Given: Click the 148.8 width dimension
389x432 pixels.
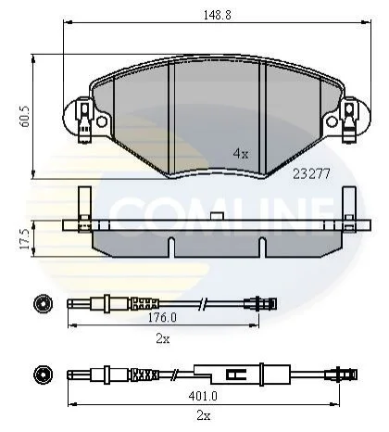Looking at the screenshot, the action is (217, 15).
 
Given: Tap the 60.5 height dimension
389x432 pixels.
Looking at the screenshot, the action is (24, 117).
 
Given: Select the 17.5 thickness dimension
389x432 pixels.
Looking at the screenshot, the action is (24, 239).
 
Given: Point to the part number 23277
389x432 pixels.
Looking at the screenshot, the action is (311, 174).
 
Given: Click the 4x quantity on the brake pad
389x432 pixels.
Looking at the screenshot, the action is (241, 153).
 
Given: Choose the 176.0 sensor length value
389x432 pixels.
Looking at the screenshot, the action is (162, 317).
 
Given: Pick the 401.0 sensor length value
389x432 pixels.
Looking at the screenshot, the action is (203, 396).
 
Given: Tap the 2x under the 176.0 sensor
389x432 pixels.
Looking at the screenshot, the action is (163, 339).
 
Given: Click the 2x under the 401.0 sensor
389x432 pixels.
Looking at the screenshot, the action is (204, 416).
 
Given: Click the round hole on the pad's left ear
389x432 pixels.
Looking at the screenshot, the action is (102, 121).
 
